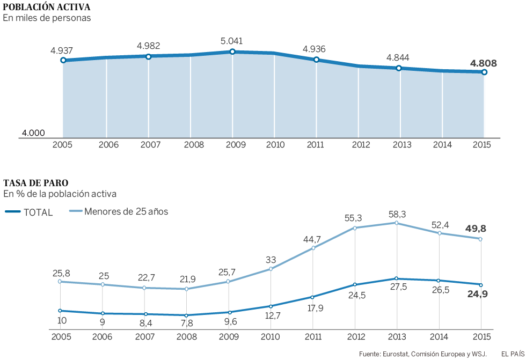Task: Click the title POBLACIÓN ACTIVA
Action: point(47,8)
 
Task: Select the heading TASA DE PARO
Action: point(36,183)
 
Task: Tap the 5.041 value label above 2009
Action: point(232,40)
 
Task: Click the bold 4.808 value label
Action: point(483,63)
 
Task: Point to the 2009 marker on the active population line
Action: point(232,52)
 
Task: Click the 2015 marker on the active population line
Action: point(484,72)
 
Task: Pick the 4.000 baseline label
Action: point(33,133)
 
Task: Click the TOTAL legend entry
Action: point(38,212)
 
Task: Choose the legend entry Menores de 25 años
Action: point(126,211)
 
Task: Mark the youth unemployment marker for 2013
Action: point(396,223)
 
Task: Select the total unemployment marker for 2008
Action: point(186,315)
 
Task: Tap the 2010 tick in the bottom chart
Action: point(270,336)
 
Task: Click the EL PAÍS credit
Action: point(513,354)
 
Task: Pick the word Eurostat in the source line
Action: point(394,354)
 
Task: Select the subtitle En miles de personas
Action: point(47,18)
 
